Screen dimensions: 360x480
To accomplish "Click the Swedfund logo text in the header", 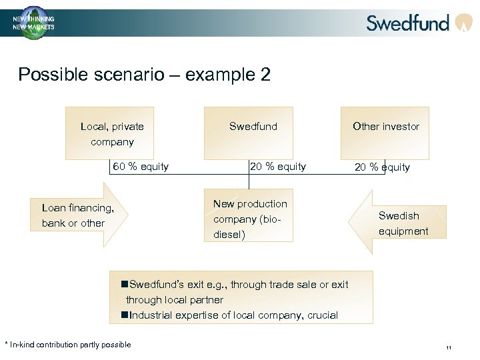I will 408,23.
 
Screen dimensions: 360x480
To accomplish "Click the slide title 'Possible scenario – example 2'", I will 144,74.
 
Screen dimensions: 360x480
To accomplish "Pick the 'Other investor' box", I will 385,133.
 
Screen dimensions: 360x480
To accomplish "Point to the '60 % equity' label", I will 141,167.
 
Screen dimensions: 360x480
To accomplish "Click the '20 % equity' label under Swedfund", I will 277,167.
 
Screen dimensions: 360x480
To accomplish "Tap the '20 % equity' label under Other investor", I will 382,167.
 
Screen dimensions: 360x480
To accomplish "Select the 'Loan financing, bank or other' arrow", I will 77,215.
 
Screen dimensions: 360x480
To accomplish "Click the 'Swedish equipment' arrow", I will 399,223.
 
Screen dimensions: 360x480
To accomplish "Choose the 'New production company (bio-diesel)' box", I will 249,219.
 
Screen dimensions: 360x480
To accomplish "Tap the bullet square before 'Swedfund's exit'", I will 125,285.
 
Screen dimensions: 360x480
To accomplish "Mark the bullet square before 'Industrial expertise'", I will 125,315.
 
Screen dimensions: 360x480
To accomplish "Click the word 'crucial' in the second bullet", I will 323,315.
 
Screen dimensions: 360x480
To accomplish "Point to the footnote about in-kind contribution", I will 68,345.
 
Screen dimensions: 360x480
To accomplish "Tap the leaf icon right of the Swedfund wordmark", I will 463,23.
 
